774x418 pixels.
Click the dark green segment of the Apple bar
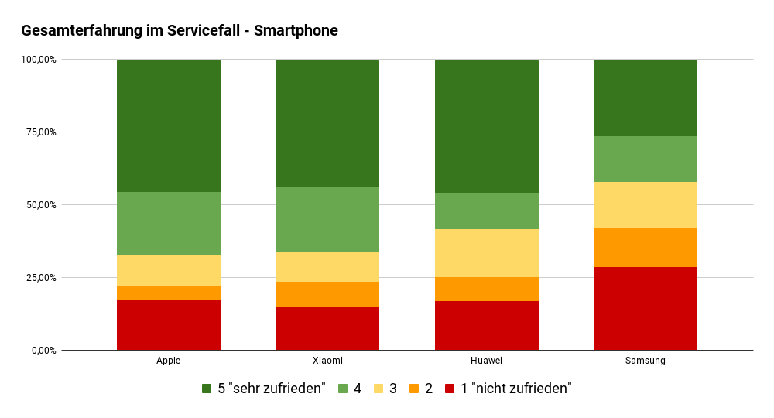(x=169, y=125)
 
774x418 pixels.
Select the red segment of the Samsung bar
(x=645, y=308)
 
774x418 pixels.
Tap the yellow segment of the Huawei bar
(x=486, y=253)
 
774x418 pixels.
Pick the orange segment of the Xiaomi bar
(x=327, y=294)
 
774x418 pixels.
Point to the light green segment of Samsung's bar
(x=645, y=159)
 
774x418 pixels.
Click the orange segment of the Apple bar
(x=169, y=293)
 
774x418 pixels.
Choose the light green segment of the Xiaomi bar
(x=327, y=219)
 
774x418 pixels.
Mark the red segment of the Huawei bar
(x=486, y=325)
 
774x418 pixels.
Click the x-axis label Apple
(x=169, y=361)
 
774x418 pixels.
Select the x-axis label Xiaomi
(x=327, y=361)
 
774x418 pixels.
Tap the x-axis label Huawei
(x=486, y=361)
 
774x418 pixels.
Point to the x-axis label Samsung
(x=645, y=361)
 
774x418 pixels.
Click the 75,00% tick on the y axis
(x=39, y=132)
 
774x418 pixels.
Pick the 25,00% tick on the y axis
(x=39, y=278)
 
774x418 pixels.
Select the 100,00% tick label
(x=37, y=60)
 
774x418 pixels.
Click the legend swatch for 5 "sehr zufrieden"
(x=207, y=389)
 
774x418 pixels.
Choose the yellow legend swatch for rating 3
(x=379, y=389)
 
